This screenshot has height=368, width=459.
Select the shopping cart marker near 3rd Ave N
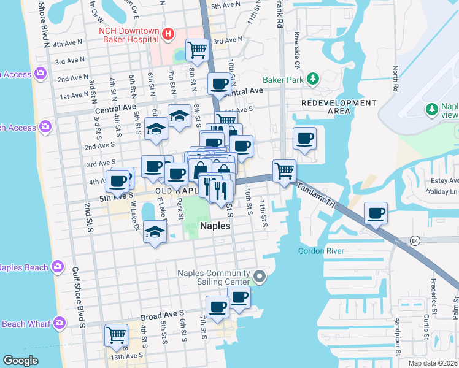[197, 50]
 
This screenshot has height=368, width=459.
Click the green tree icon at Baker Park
[314, 79]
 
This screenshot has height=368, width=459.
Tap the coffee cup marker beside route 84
[376, 213]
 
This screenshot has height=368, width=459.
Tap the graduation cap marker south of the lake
[153, 232]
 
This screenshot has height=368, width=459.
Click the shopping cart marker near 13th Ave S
[116, 335]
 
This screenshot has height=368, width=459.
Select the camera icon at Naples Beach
[57, 267]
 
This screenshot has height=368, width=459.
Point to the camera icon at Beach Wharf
[59, 323]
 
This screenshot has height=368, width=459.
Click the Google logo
[20, 361]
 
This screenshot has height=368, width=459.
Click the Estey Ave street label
[445, 181]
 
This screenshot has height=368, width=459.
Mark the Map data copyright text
[433, 363]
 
